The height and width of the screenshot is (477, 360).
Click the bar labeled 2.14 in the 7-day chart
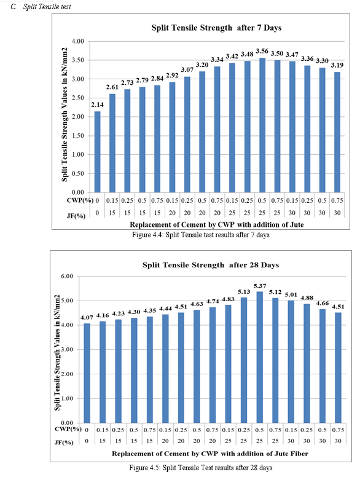coord(97,152)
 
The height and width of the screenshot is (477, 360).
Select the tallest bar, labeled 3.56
coord(262,125)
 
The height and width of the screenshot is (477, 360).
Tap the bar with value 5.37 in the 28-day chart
coord(260,357)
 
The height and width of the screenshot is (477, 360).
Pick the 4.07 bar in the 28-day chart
coord(87,373)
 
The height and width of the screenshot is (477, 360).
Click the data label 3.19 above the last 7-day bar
coord(337,65)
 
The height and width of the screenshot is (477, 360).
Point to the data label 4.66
coord(323,303)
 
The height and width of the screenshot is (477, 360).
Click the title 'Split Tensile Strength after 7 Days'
coord(216,28)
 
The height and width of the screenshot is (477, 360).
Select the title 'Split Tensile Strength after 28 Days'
coord(211,265)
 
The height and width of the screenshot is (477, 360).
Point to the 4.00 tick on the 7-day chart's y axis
coord(78,41)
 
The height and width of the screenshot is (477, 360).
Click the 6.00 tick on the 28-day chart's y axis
coord(67,276)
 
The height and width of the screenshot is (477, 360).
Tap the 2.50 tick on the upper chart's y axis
coord(78,98)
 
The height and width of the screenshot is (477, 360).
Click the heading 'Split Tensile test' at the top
coord(47,7)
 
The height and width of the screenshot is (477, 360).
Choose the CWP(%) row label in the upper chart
coord(80,200)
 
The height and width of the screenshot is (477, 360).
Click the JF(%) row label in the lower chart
coord(64,442)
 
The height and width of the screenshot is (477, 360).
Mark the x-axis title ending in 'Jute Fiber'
coord(210,454)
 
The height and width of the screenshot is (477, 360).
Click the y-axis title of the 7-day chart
coord(65,115)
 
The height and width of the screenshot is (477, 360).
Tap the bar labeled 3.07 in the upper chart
coord(187,135)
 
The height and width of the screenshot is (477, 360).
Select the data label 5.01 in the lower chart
coord(291,294)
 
